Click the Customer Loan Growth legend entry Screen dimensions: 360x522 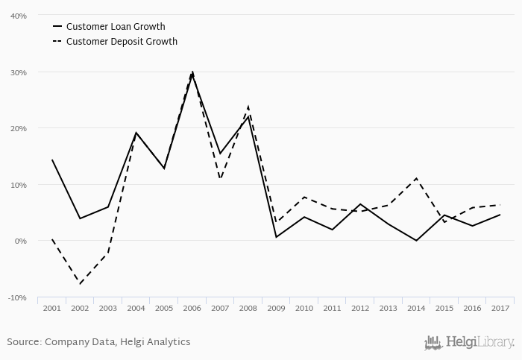(x=115, y=27)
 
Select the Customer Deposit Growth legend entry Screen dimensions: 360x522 (x=122, y=42)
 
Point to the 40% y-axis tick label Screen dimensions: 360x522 (x=19, y=16)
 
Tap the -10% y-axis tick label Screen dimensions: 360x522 (x=18, y=297)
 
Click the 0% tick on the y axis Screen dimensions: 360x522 (x=21, y=241)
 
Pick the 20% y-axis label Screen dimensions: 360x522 (x=19, y=128)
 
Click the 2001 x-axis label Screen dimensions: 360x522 (x=52, y=308)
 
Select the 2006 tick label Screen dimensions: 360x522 (x=192, y=308)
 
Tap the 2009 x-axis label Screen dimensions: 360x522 (x=276, y=308)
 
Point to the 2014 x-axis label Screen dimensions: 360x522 (x=416, y=308)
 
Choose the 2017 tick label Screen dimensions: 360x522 (x=500, y=308)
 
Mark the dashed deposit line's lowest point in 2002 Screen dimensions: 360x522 (x=80, y=284)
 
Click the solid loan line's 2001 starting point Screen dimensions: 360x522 (x=52, y=160)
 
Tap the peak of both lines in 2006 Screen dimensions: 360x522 (x=192, y=72)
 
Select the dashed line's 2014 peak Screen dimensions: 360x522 (x=416, y=179)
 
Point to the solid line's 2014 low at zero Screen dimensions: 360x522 (x=416, y=241)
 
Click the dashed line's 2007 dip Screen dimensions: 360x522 (x=220, y=179)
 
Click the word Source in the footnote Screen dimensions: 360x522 (x=24, y=342)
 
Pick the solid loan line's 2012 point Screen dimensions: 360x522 (x=360, y=204)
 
